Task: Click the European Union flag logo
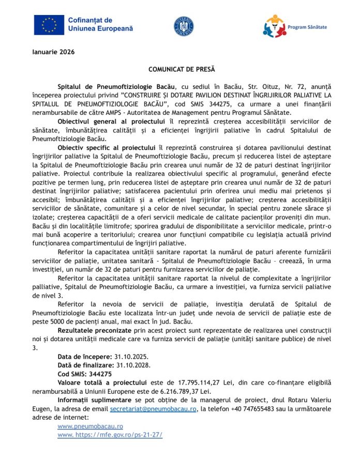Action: pos(50,24)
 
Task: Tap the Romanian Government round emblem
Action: pos(184,26)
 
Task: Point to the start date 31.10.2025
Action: pos(131,357)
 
